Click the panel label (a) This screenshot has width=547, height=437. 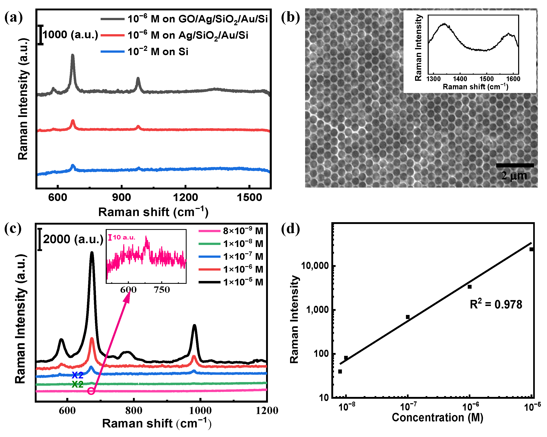tap(13, 18)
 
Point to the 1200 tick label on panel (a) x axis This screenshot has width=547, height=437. tap(185, 197)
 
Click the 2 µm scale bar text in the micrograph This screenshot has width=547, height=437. tap(514, 176)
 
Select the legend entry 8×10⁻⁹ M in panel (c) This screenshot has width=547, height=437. tap(243, 231)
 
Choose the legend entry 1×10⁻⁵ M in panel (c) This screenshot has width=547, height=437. tap(243, 282)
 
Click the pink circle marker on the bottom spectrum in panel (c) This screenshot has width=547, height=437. tap(91, 391)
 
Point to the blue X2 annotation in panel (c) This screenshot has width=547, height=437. tap(78, 375)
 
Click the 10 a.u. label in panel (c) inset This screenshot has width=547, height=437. tap(124, 237)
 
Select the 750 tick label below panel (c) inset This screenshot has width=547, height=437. tap(162, 290)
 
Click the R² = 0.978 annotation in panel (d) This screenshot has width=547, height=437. tap(496, 304)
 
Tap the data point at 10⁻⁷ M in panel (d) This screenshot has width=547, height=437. tap(408, 317)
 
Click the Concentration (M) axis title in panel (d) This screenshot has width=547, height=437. tap(437, 418)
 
